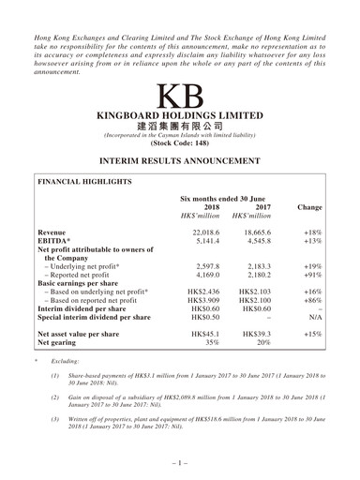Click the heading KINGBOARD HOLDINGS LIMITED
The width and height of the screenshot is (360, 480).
(x=180, y=119)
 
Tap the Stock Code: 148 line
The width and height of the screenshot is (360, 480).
(x=180, y=147)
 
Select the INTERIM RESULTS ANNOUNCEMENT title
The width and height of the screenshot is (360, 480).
(x=180, y=162)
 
